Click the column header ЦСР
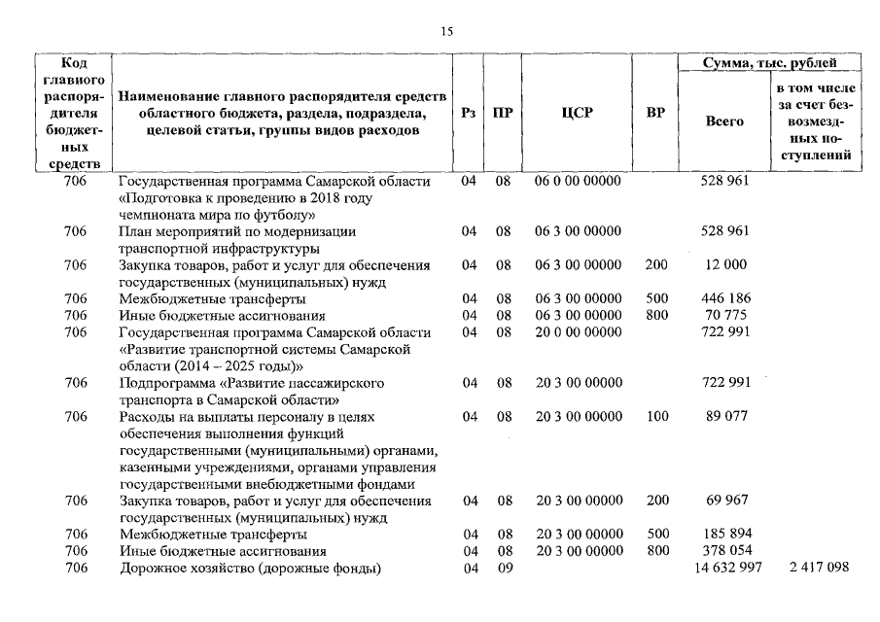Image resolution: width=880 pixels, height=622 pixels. (x=577, y=113)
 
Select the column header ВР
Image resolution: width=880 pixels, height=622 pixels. (x=655, y=113)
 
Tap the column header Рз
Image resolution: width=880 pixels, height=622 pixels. (x=468, y=113)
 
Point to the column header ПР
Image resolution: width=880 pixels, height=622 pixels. (x=503, y=113)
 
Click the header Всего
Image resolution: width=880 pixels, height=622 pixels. (x=724, y=121)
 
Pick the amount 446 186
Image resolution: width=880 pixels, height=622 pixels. (x=725, y=298)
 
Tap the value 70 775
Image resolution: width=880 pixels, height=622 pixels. (x=725, y=315)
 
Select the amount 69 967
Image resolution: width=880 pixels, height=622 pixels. (x=725, y=501)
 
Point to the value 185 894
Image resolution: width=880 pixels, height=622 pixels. (x=725, y=535)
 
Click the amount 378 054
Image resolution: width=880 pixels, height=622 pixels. (x=725, y=551)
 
